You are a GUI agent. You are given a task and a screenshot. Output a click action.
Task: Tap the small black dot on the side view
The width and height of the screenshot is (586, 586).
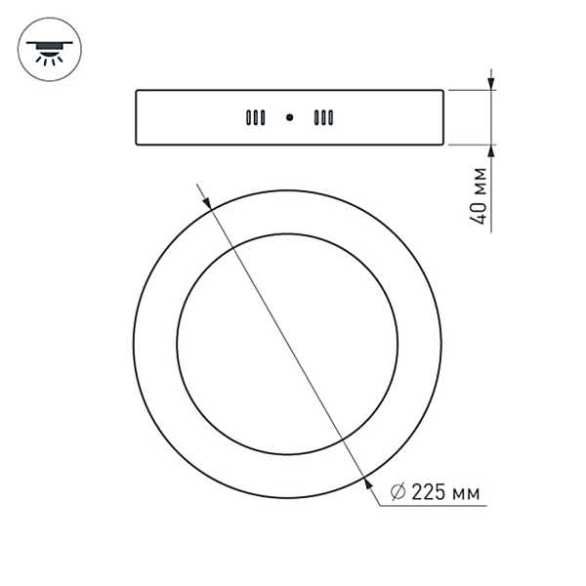[x=289, y=118]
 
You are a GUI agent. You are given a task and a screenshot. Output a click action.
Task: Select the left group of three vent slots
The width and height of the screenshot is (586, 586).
[x=255, y=118]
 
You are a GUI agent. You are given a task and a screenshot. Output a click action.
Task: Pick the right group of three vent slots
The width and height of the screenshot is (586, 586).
[x=323, y=118]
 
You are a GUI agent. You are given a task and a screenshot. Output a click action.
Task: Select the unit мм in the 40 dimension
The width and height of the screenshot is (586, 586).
[x=478, y=182]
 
